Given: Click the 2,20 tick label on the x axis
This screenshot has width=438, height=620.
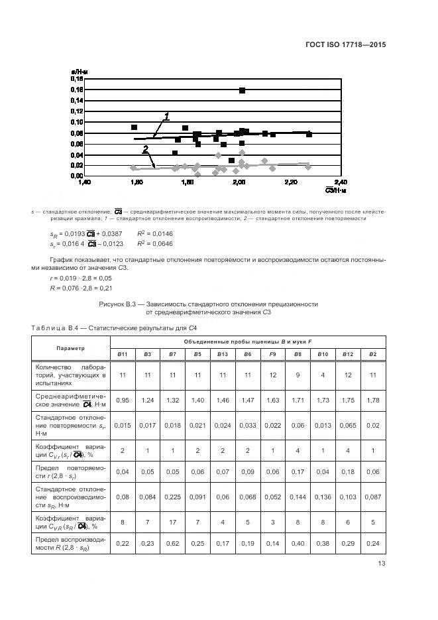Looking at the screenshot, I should pyautogui.click(x=290, y=181).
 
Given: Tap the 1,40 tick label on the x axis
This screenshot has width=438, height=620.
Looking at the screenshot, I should pyautogui.click(x=83, y=181).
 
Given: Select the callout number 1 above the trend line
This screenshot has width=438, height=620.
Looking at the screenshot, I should pyautogui.click(x=166, y=117).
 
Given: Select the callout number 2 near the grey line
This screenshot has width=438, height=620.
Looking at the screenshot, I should pyautogui.click(x=145, y=150).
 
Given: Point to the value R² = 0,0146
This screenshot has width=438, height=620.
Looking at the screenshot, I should pyautogui.click(x=154, y=234).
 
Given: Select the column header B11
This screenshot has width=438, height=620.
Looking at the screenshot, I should pyautogui.click(x=123, y=354).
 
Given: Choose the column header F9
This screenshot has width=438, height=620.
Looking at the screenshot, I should pyautogui.click(x=272, y=354).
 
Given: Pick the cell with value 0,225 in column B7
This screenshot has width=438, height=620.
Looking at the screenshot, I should pyautogui.click(x=172, y=496).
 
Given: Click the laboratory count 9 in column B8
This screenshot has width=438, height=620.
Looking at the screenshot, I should pyautogui.click(x=298, y=375).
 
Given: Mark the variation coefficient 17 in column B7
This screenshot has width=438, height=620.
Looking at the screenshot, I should pyautogui.click(x=172, y=522).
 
